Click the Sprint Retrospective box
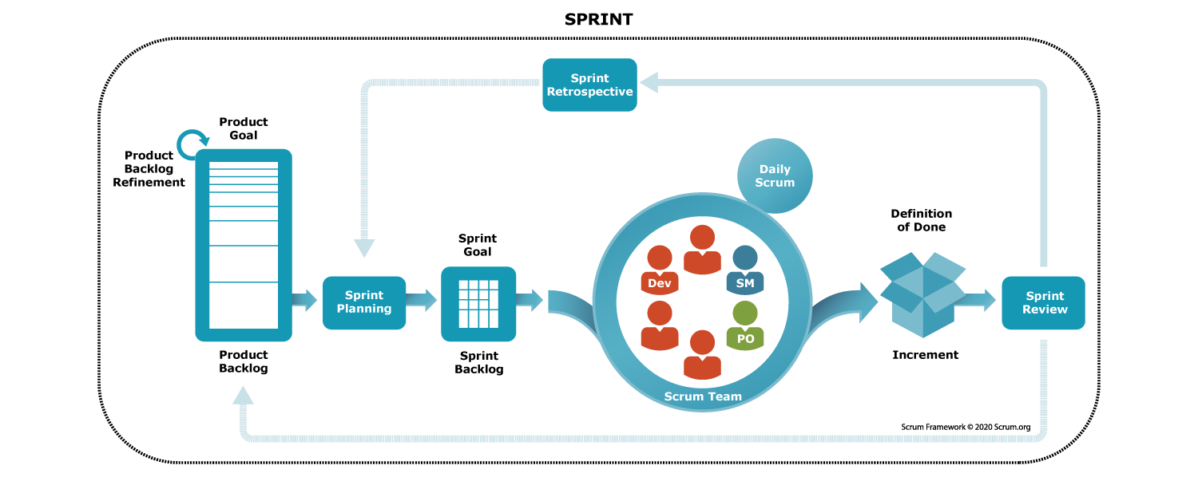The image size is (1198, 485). (589, 85)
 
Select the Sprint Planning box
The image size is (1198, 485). (364, 302)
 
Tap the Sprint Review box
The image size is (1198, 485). (1043, 302)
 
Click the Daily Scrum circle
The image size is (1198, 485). (775, 175)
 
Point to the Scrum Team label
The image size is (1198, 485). (703, 396)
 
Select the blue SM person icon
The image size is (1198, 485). (745, 270)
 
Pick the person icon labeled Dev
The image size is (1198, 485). (660, 270)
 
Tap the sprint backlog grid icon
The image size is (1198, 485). (478, 303)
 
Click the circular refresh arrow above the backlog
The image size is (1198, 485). (192, 145)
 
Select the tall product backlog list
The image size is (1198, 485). (244, 245)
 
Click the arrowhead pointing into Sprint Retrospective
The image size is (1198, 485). (649, 82)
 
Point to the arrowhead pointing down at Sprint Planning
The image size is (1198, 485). (364, 248)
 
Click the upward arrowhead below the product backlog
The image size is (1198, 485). (243, 395)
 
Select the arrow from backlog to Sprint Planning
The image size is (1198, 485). (305, 301)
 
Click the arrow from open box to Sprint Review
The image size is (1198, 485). (976, 301)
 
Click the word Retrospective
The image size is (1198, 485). (589, 92)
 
